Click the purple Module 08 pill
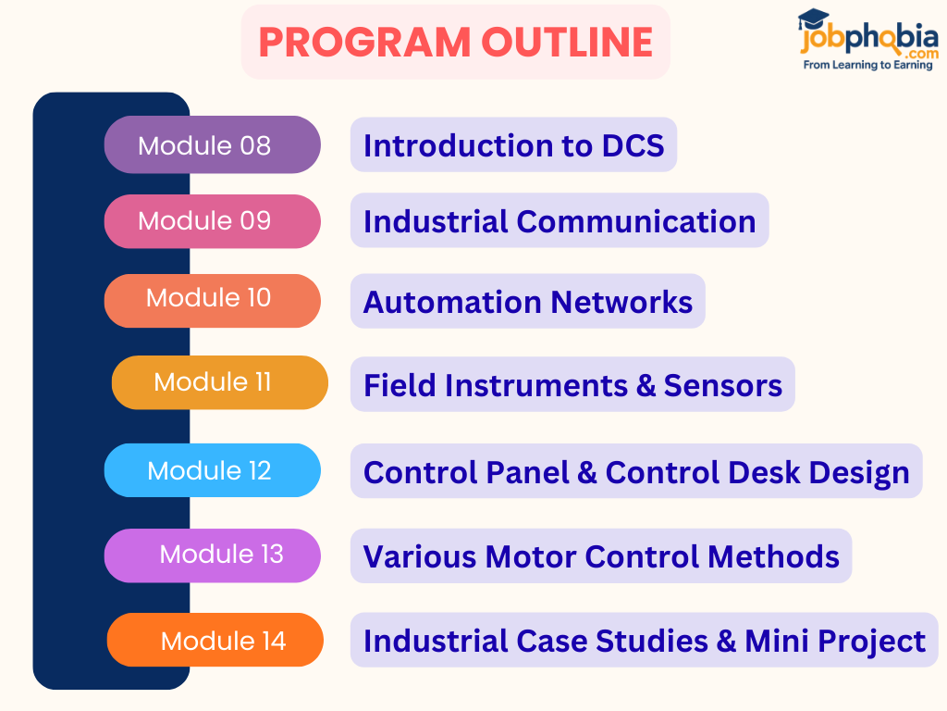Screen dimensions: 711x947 pyautogui.click(x=212, y=144)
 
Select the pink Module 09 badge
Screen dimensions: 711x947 pyautogui.click(x=212, y=221)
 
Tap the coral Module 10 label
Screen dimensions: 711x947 pyautogui.click(x=212, y=300)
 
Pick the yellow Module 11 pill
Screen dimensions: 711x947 pyautogui.click(x=219, y=382)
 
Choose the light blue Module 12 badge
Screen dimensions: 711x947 pyautogui.click(x=212, y=470)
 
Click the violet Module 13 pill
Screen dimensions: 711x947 pyautogui.click(x=212, y=555)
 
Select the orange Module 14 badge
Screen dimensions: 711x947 pyautogui.click(x=215, y=640)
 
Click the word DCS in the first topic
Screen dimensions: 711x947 pyautogui.click(x=633, y=145)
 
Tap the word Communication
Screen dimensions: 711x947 pyautogui.click(x=635, y=222)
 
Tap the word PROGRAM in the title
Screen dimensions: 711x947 pyautogui.click(x=363, y=43)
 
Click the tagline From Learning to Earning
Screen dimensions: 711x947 pyautogui.click(x=867, y=66)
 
